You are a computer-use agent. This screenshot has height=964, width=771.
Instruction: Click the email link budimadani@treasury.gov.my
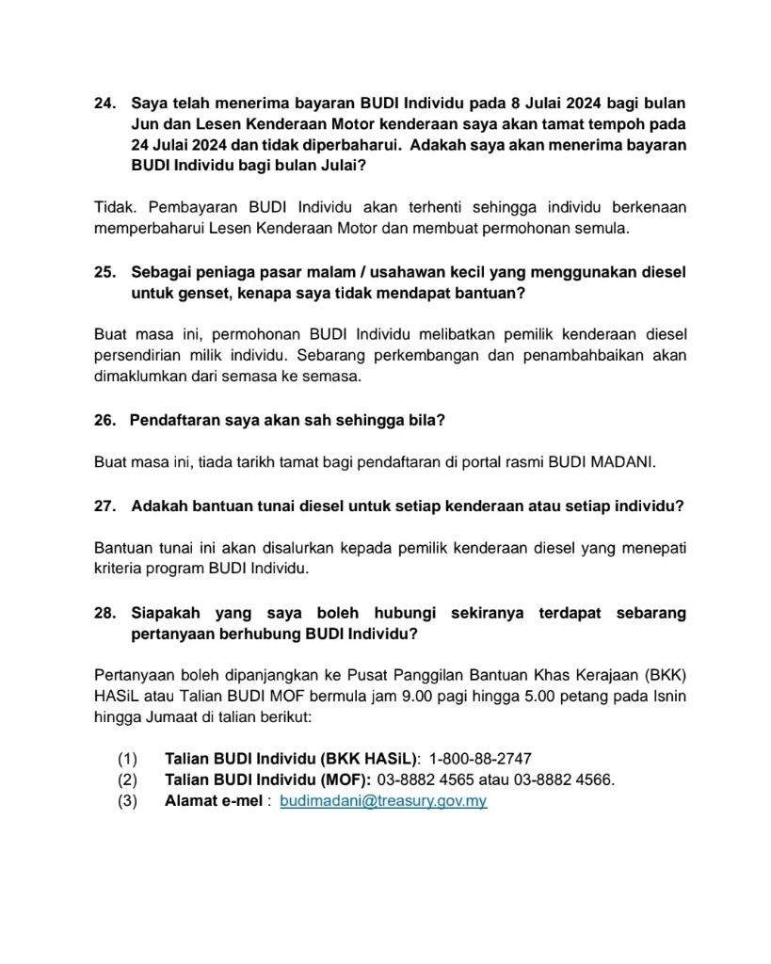(x=383, y=801)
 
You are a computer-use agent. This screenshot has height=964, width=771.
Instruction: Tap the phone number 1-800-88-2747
(x=480, y=759)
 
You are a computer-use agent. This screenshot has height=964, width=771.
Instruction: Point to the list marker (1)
(x=127, y=759)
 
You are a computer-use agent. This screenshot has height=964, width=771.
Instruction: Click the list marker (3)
(x=127, y=801)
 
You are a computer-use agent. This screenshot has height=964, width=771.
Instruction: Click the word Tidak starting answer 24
(x=114, y=207)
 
